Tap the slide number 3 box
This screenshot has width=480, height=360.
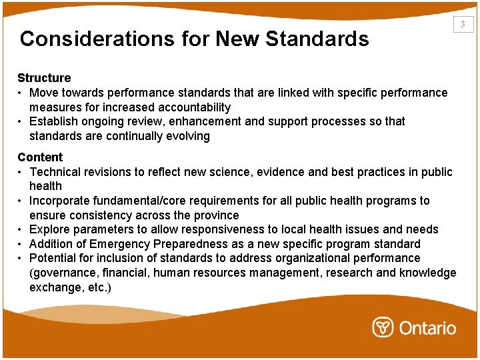pos(463,25)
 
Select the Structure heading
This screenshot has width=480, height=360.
pos(44,78)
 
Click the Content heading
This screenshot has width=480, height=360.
pos(40,157)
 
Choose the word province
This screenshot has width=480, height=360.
pos(215,215)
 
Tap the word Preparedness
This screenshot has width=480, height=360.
pos(176,244)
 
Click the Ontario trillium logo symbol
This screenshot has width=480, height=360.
pos(383,327)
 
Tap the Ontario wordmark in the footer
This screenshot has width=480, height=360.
pos(428,328)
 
